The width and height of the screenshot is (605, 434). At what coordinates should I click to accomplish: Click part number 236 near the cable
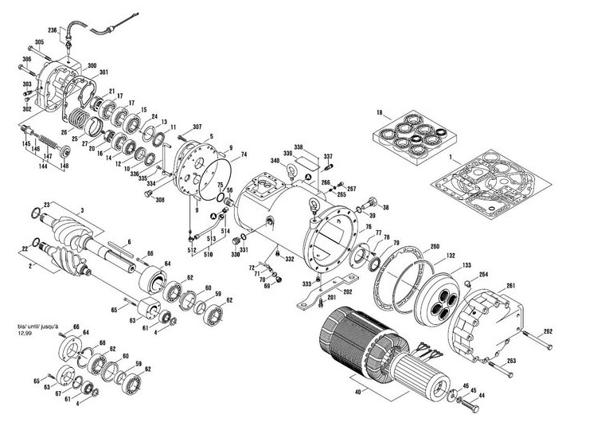click(53, 29)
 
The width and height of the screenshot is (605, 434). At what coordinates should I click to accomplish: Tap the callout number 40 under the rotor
click(359, 392)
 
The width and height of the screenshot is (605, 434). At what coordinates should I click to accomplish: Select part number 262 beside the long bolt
click(548, 331)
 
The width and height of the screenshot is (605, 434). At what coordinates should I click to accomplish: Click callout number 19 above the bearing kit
click(380, 112)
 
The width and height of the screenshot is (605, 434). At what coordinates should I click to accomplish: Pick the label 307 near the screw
click(197, 127)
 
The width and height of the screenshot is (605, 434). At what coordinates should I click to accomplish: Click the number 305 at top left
click(39, 42)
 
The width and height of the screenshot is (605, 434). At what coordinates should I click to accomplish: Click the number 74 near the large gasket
click(244, 154)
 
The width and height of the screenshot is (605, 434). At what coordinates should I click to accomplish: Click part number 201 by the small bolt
click(331, 298)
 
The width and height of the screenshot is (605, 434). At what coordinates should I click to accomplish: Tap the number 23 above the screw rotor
click(47, 205)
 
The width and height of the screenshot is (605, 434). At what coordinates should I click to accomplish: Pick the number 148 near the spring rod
click(65, 166)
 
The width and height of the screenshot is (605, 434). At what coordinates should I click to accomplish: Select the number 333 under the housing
click(306, 284)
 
